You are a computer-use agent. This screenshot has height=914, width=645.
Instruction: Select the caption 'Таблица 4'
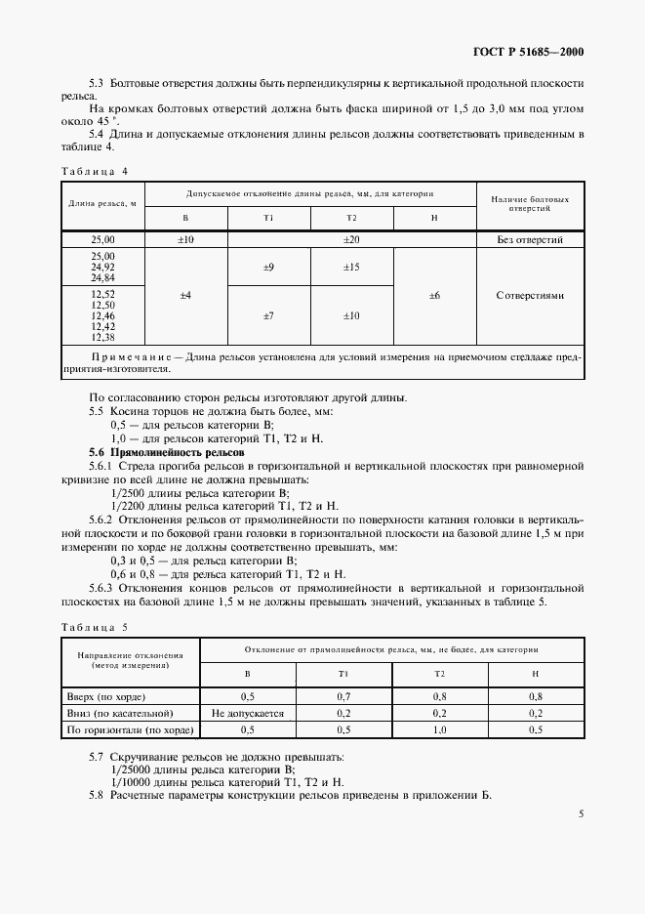tap(95, 170)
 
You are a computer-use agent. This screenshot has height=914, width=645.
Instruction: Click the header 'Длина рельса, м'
tap(102, 203)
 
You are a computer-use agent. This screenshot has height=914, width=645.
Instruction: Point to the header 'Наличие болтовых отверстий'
tap(530, 203)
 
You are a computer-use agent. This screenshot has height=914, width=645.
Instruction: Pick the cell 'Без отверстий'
tap(530, 238)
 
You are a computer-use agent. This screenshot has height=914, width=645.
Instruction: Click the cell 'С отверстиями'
tap(530, 294)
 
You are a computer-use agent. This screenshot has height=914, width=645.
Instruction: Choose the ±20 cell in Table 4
tap(351, 238)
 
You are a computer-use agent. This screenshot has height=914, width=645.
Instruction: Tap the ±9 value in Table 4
tap(268, 267)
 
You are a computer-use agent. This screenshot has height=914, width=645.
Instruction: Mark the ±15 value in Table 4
tap(351, 267)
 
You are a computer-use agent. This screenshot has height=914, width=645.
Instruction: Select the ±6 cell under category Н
tap(434, 294)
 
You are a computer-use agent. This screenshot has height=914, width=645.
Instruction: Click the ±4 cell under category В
tap(185, 294)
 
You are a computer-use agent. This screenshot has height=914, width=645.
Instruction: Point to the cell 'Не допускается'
tap(247, 714)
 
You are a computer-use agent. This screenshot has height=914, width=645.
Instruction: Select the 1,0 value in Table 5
tap(440, 729)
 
